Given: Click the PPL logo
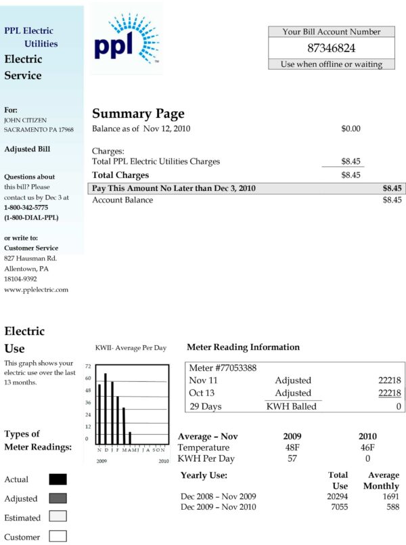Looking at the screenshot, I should coord(126,39).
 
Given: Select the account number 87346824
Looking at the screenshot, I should coord(331,48).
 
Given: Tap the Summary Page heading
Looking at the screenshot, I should coord(138,114).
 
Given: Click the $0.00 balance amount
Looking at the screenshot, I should coord(351,129).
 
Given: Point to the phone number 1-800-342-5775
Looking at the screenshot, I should coord(26,207).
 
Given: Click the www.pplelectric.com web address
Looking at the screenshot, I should coord(37,290).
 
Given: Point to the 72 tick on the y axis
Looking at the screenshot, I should coord(89,366).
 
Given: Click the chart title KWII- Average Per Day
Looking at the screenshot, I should coord(131,348).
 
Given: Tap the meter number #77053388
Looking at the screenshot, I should coord(223,368).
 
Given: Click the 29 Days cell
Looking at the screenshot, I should coord(205,406).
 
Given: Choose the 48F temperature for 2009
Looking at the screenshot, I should coord(293,448).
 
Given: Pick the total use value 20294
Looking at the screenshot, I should coord(337,497).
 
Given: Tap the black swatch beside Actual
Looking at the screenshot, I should coord(58,479).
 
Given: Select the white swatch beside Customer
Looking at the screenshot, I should coord(58,537).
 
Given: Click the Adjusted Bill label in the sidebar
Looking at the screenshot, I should coord(27,149).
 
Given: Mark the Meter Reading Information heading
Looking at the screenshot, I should coord(243,347).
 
